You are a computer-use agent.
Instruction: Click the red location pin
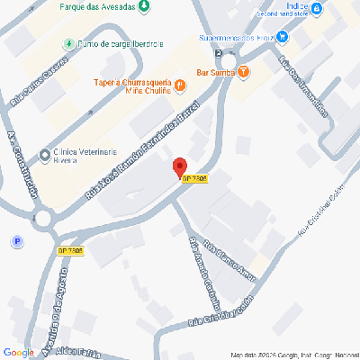[179, 166]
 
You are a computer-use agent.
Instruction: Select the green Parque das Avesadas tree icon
[145, 6]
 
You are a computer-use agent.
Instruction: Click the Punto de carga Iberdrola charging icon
[68, 44]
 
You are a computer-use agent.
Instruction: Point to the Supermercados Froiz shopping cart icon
[283, 37]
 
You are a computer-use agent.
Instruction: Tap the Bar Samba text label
[215, 71]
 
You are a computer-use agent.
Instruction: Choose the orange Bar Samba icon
[244, 72]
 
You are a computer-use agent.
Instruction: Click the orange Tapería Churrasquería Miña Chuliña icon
[180, 85]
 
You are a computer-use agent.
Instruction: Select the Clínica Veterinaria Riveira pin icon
[46, 156]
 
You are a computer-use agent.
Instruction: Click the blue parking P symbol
[15, 241]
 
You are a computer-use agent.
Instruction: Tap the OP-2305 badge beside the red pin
[194, 180]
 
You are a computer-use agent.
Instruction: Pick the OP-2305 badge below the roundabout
[70, 249]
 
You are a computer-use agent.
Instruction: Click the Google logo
[18, 352]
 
